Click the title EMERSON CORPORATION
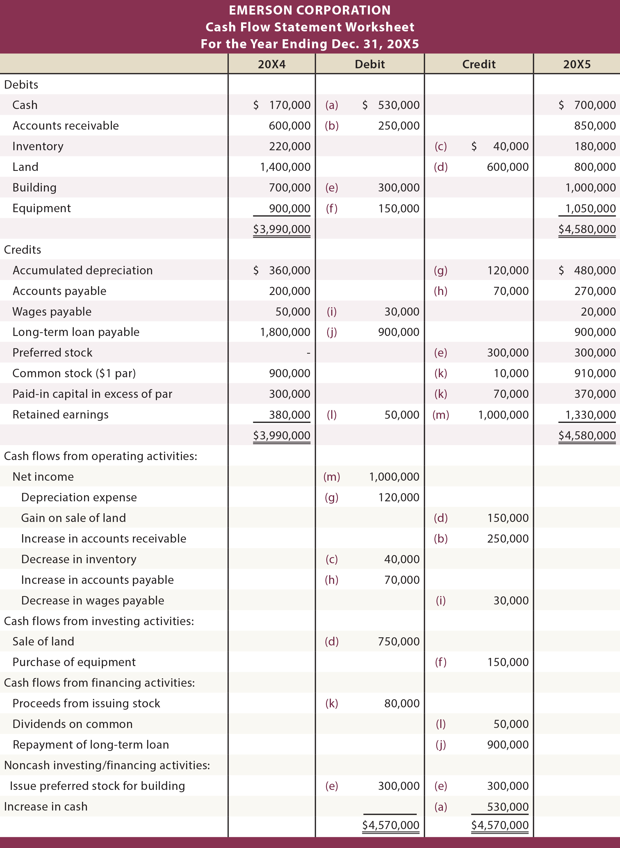pyautogui.click(x=310, y=10)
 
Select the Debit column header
pyautogui.click(x=370, y=64)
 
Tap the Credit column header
pyautogui.click(x=478, y=64)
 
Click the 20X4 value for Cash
pyautogui.click(x=282, y=105)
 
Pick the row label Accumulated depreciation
pyautogui.click(x=83, y=271)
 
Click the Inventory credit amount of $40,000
pyautogui.click(x=500, y=146)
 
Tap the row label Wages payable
pyautogui.click(x=52, y=312)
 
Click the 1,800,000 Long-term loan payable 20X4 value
pyautogui.click(x=285, y=332)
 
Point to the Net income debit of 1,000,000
pyautogui.click(x=394, y=477)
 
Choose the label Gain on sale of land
pyautogui.click(x=73, y=518)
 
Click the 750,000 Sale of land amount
pyautogui.click(x=399, y=641)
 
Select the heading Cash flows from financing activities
pyautogui.click(x=99, y=683)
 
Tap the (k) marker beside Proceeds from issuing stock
pyautogui.click(x=332, y=703)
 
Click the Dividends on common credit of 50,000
pyautogui.click(x=511, y=724)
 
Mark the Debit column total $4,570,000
pyautogui.click(x=390, y=825)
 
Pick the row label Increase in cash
pyautogui.click(x=46, y=806)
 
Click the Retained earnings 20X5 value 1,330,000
pyautogui.click(x=590, y=415)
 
